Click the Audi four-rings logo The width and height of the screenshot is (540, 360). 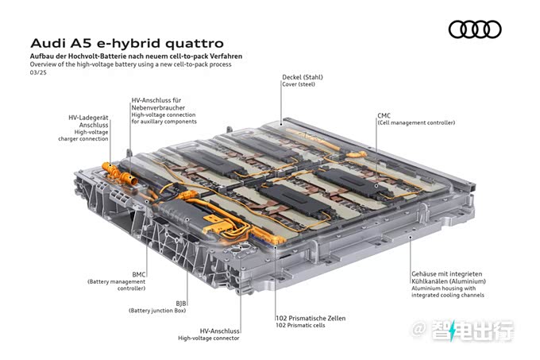[475, 29]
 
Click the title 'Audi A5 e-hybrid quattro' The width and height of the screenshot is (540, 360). [127, 44]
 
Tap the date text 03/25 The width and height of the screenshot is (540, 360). [38, 72]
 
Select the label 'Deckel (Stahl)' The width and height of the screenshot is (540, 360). [303, 77]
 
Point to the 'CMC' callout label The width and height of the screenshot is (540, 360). [384, 116]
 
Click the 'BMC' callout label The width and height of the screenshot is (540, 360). [139, 274]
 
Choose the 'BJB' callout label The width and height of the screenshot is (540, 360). [181, 304]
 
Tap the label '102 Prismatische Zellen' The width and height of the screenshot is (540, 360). [310, 319]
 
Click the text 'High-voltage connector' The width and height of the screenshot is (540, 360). [209, 339]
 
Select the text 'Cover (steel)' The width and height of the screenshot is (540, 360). [299, 84]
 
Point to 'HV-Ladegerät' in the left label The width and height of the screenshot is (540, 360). [88, 118]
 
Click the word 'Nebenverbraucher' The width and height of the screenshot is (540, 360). [158, 107]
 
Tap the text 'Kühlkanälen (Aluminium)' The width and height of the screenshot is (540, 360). [449, 281]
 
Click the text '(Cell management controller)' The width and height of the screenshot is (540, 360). [416, 122]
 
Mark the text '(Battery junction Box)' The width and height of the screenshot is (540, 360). [157, 311]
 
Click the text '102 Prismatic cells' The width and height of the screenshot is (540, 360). [300, 325]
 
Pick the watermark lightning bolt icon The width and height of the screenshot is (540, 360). [452, 330]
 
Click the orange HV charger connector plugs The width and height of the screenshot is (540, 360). [119, 174]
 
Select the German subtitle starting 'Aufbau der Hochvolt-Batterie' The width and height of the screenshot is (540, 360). [136, 56]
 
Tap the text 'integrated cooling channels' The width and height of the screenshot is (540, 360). [448, 296]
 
